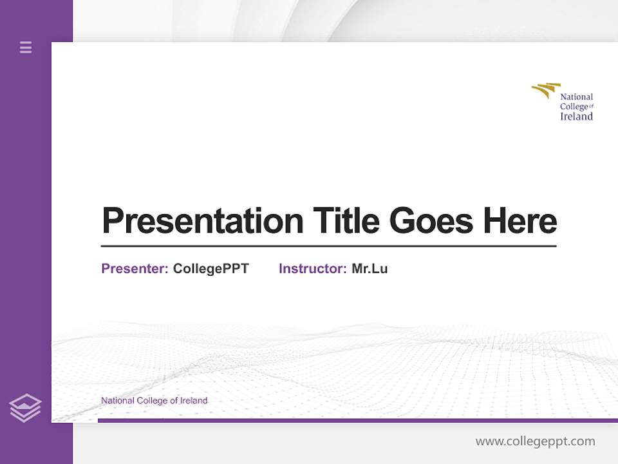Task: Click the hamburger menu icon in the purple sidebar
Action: point(26,47)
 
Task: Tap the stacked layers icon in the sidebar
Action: point(25,408)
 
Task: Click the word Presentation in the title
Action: point(202,221)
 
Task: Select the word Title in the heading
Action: point(346,221)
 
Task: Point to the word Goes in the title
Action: point(432,221)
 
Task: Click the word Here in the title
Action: point(520,221)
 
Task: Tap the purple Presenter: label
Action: point(135,269)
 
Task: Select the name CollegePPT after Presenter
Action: point(211,269)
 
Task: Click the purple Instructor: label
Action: point(312,269)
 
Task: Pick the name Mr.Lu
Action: point(370,269)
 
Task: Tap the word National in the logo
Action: point(576,97)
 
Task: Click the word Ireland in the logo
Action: point(576,117)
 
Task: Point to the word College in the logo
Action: point(574,107)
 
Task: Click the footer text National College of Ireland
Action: point(154,401)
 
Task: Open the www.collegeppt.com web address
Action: point(535,441)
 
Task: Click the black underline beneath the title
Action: point(328,246)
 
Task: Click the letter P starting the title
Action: point(113,221)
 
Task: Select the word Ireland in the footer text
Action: point(194,401)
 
